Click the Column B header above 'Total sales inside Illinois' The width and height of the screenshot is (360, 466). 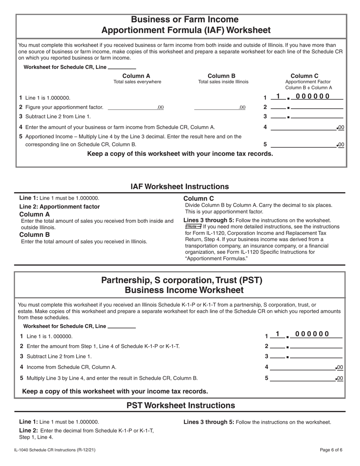pos(224,75)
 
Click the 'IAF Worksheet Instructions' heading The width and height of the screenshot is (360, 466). pos(180,186)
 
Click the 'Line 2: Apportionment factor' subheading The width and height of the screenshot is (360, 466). pos(59,206)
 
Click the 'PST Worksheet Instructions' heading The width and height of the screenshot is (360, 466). pos(180,405)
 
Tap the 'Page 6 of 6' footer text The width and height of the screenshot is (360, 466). pos(331,450)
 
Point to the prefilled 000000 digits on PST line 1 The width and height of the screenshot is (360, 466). pos(312,334)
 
